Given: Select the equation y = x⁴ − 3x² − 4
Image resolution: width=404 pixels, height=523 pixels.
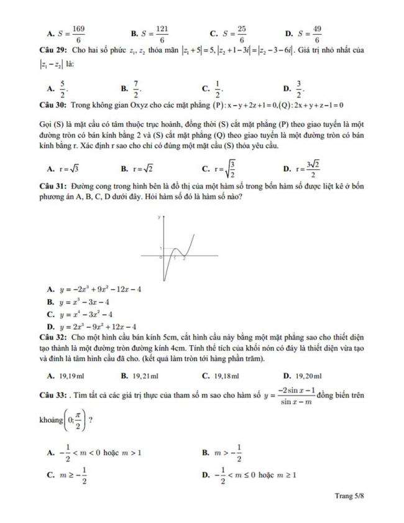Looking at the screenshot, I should click(x=90, y=314).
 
